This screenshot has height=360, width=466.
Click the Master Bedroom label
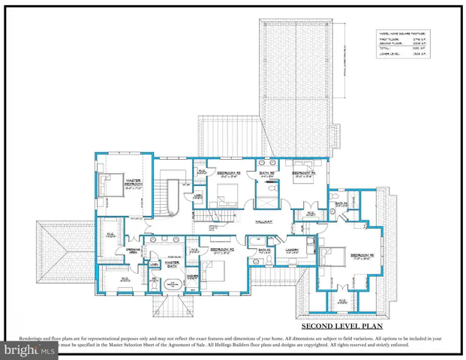point(135,182)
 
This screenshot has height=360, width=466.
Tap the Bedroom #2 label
point(223,250)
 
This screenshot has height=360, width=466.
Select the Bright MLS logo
point(28,349)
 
